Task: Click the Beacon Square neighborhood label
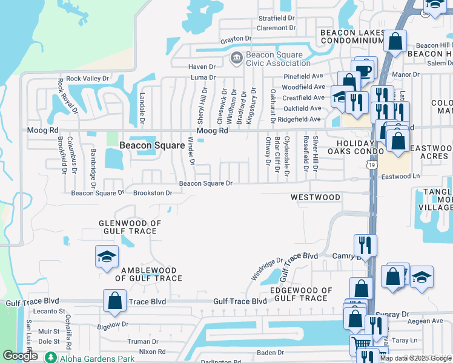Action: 151,145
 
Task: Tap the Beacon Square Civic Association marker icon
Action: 236,58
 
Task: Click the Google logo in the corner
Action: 20,356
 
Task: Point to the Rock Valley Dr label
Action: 87,79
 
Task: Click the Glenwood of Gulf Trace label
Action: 130,227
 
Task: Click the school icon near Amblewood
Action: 107,257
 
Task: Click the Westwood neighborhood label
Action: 315,197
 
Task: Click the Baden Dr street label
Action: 270,352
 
